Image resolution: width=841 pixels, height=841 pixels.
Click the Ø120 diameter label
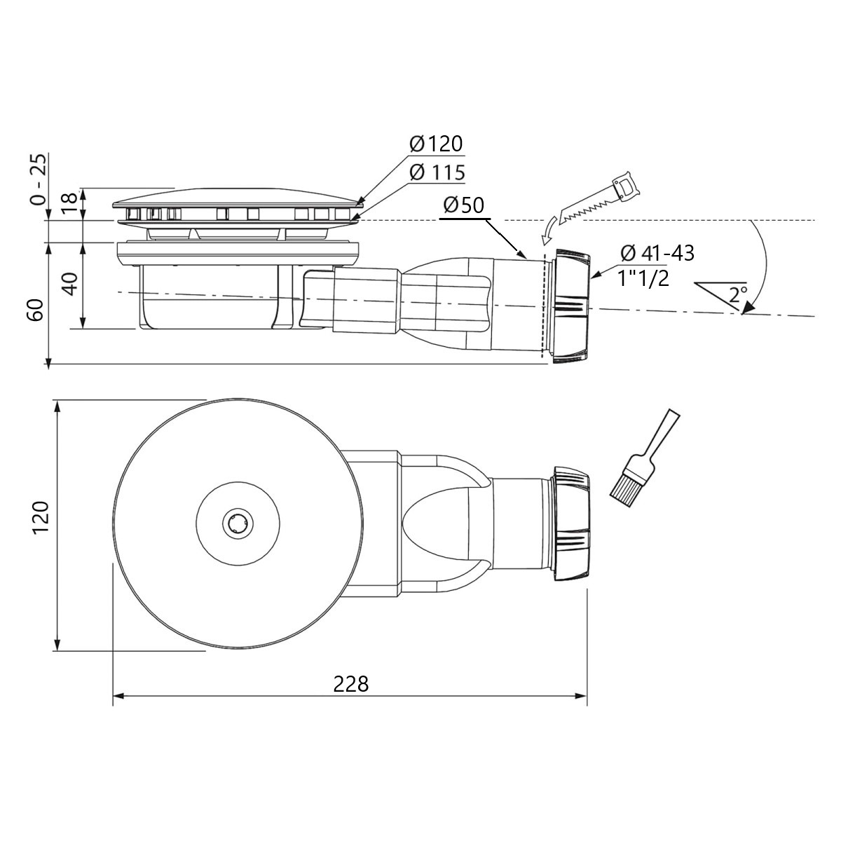pos(436,144)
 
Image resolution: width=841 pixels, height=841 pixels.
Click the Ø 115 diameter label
pos(437,173)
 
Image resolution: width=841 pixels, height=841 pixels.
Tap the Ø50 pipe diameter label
pos(464,205)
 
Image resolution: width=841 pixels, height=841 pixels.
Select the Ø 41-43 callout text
pos(657,254)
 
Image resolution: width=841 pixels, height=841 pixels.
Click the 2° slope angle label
pos(738,294)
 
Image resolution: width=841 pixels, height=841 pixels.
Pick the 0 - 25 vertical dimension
pos(38,179)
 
